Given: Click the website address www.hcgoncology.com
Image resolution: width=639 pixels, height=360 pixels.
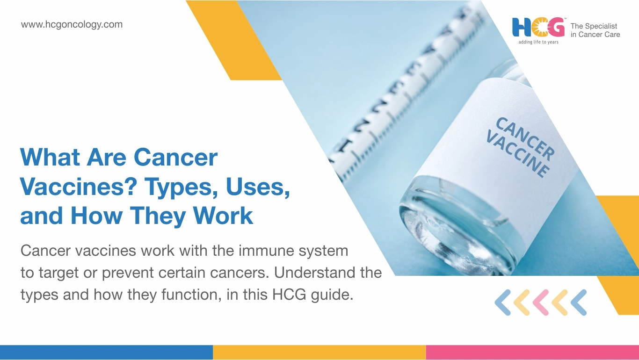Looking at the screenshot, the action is (72, 25).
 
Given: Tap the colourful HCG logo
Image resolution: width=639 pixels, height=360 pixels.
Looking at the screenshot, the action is (538, 28).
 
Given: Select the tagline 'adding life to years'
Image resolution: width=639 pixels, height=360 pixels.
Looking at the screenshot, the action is (538, 42).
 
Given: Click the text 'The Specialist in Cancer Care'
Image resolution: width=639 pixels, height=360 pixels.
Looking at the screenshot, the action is (595, 30).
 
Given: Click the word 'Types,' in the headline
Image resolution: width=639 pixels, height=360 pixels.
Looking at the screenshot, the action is (182, 187).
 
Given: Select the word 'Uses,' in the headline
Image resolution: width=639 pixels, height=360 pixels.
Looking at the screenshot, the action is (258, 187).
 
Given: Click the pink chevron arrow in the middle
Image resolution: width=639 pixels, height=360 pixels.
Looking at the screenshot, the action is (541, 302).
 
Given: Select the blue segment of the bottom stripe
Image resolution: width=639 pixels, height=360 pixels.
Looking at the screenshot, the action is (106, 353).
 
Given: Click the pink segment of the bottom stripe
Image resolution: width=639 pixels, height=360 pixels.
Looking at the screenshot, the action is (532, 353).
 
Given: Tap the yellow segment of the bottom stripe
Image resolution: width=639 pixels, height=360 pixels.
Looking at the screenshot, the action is (319, 353).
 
